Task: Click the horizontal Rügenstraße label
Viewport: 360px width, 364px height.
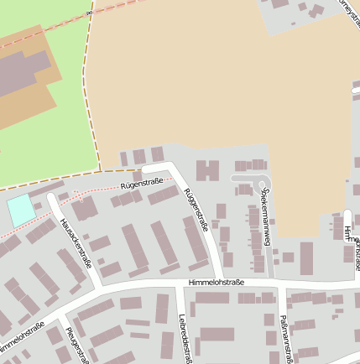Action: click(141, 182)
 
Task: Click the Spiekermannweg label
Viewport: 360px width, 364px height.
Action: click(268, 217)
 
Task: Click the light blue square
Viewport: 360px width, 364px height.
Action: click(22, 210)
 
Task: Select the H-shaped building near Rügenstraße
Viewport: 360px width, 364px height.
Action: click(207, 171)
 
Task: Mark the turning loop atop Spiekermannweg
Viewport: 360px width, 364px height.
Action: click(263, 182)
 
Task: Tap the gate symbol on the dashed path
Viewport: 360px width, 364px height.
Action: click(88, 13)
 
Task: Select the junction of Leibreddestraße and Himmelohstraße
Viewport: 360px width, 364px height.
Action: click(179, 287)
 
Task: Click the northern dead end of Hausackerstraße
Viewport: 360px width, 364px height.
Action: click(50, 198)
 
